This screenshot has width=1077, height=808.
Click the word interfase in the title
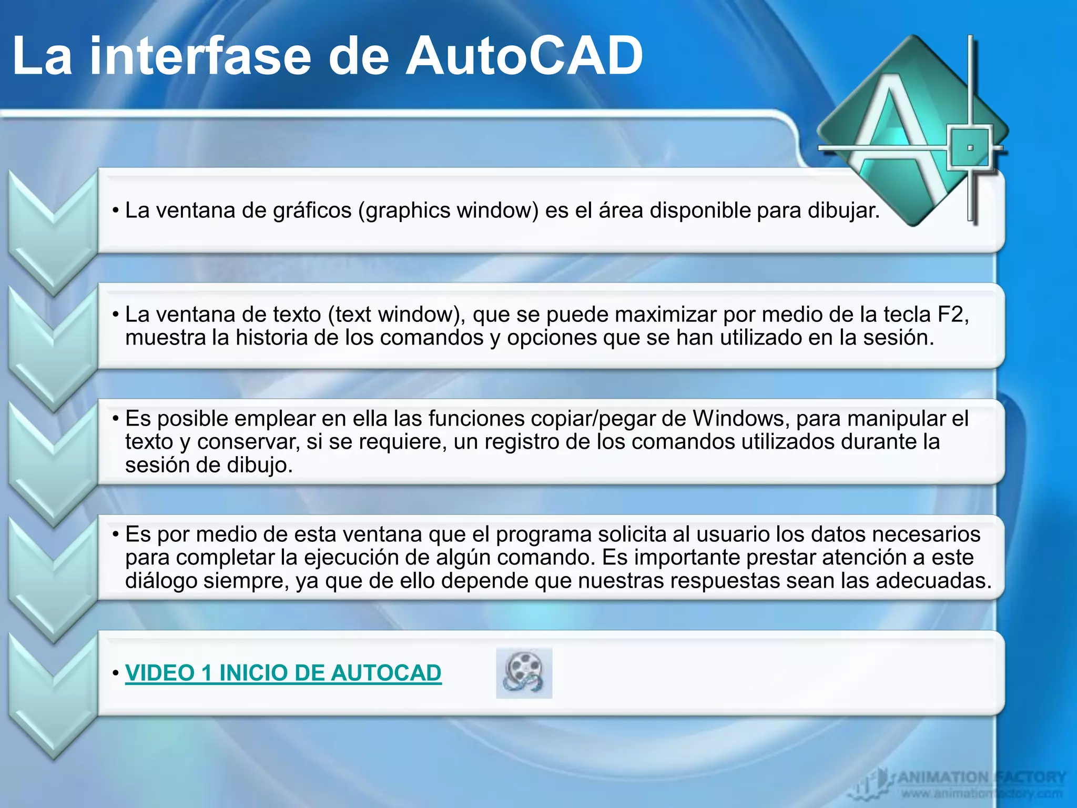(x=200, y=57)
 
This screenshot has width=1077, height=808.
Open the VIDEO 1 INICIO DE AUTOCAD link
(x=283, y=673)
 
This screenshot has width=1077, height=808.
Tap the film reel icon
(x=524, y=673)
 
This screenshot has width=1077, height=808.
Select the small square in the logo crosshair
(x=970, y=148)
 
